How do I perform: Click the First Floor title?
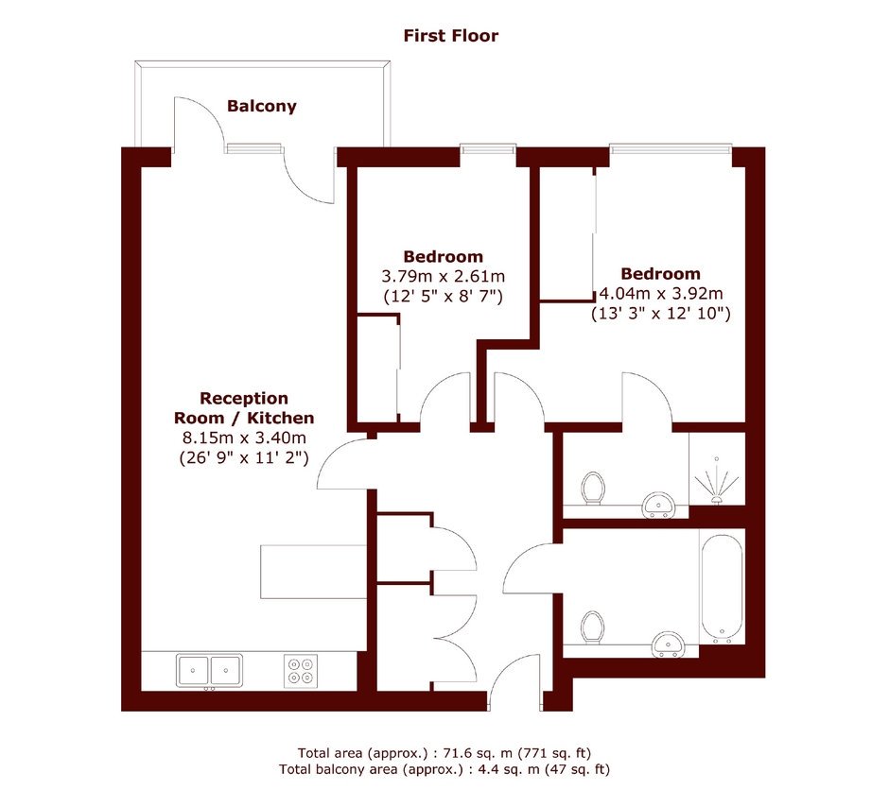tap(451, 36)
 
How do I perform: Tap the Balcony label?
tap(261, 106)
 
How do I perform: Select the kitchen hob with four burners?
tap(301, 671)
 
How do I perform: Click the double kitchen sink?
tap(209, 671)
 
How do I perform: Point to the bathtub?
tap(722, 589)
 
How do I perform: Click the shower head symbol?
tap(717, 480)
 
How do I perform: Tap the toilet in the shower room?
tap(593, 488)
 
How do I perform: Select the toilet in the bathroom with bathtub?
tap(593, 627)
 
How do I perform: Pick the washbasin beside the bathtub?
tap(669, 644)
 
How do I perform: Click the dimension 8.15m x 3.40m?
tap(244, 438)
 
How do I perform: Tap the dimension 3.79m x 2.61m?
tap(443, 276)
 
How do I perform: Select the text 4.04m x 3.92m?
tap(661, 293)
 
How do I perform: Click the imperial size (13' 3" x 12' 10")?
tap(661, 313)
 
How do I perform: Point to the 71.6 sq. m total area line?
tap(444, 753)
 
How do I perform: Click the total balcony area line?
tap(444, 769)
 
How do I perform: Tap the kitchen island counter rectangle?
tap(314, 572)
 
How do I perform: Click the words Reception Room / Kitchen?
tap(244, 407)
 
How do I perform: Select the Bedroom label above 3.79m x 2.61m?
tap(443, 256)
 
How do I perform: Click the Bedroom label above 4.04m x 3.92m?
tap(660, 273)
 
